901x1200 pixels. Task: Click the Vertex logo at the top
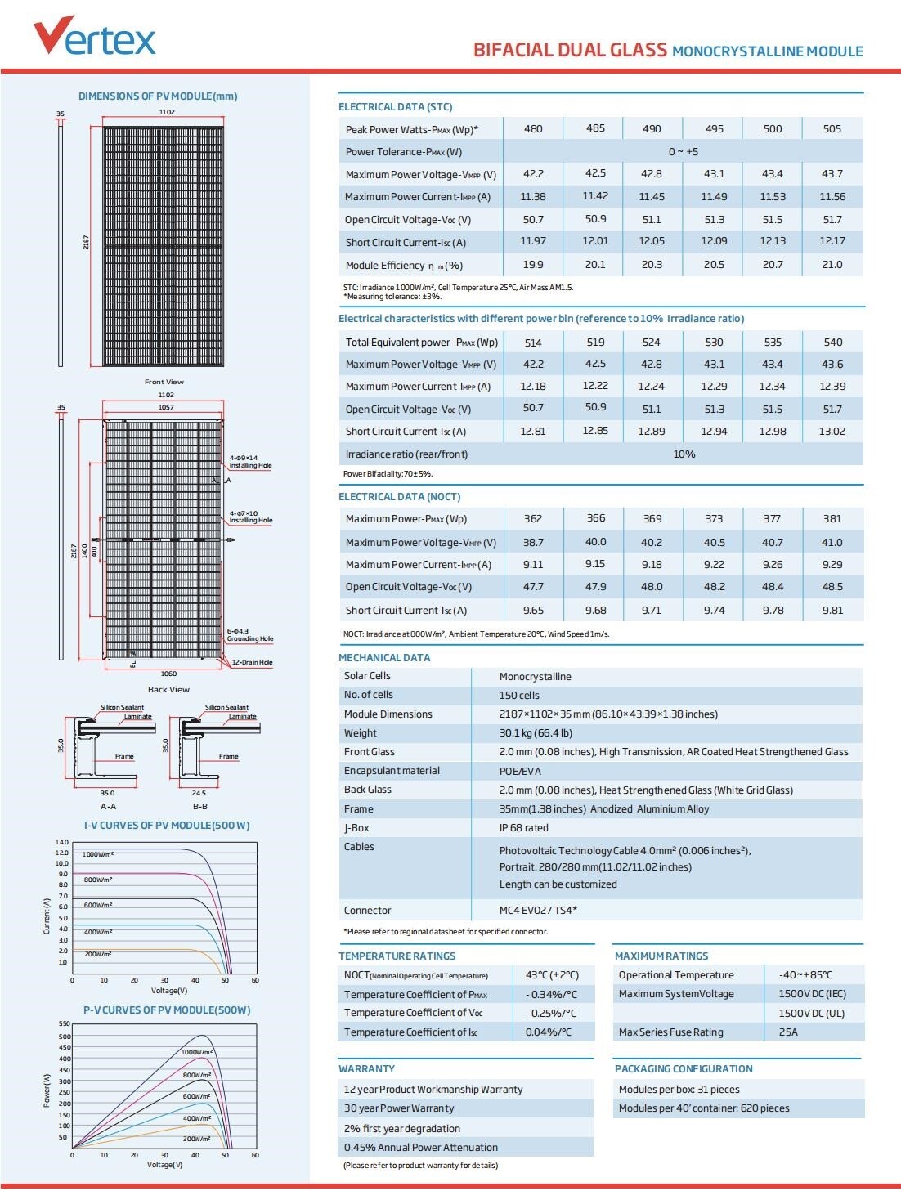(x=94, y=38)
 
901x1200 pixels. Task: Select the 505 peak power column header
(x=832, y=129)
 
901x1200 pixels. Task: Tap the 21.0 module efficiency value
(x=832, y=265)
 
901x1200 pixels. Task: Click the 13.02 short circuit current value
(x=832, y=432)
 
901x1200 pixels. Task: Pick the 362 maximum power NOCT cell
(x=533, y=519)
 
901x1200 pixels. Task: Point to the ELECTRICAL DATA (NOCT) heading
(x=400, y=497)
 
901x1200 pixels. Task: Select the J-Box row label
(x=358, y=828)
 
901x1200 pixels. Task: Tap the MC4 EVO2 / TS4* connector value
(x=538, y=911)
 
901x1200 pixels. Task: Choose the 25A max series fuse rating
(x=788, y=1032)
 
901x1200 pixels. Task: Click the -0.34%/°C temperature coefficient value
(x=551, y=995)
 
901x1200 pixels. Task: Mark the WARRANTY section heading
(x=366, y=1069)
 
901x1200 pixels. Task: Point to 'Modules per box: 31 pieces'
(x=679, y=1090)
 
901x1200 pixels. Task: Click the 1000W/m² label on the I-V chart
(x=98, y=854)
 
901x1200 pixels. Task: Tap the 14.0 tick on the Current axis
(x=62, y=842)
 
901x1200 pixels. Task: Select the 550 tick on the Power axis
(x=64, y=1024)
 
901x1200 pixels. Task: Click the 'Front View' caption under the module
(x=164, y=382)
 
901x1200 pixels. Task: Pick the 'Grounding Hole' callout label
(x=250, y=639)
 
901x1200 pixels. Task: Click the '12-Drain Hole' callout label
(x=252, y=663)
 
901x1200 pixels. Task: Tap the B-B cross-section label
(x=199, y=807)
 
